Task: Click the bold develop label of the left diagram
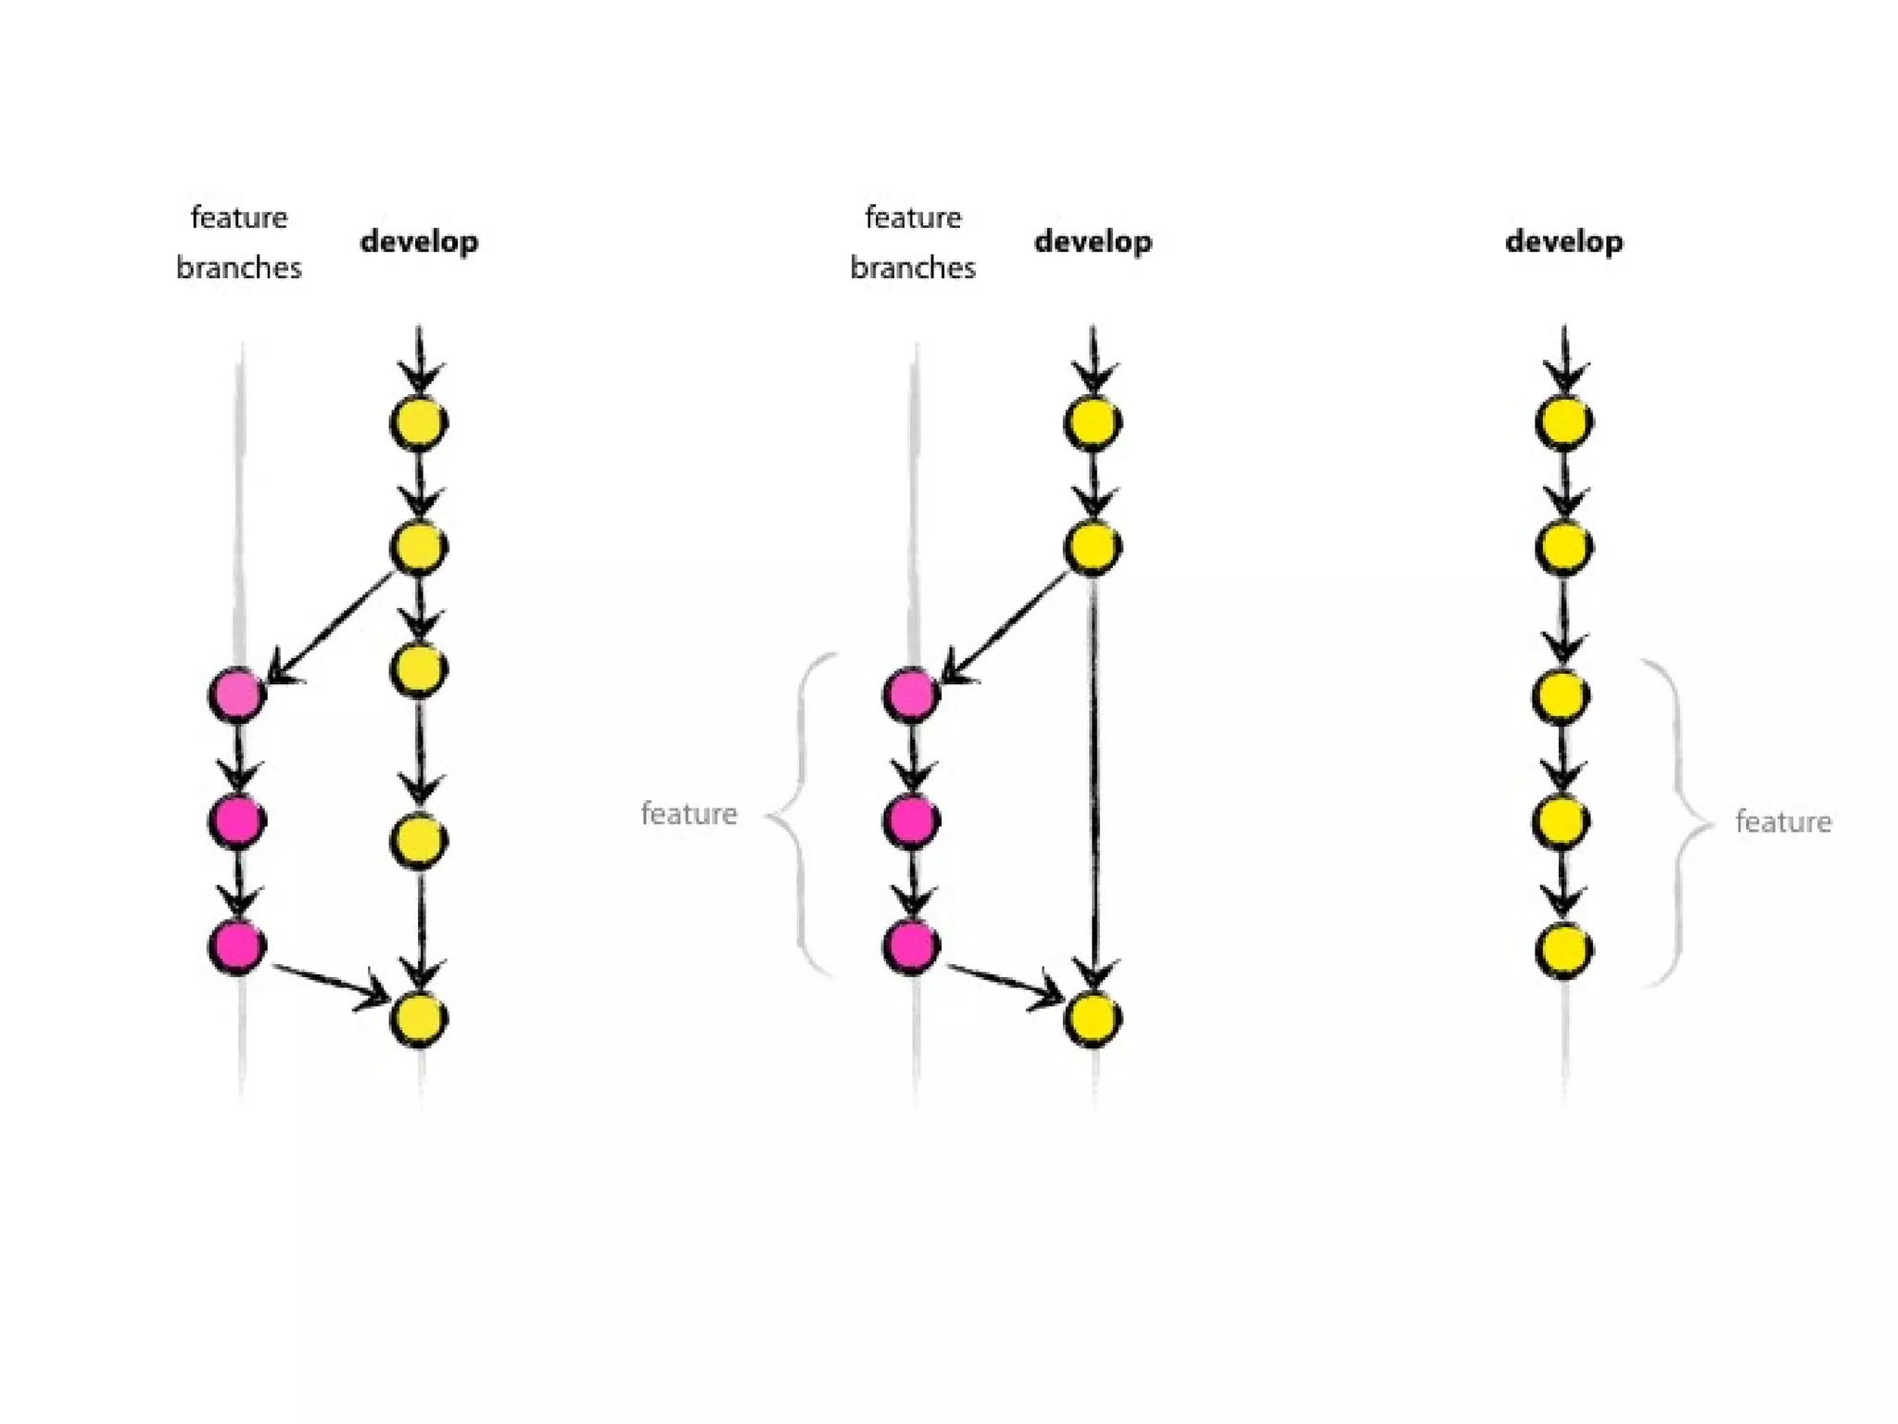[x=419, y=242]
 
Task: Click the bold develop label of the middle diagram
[x=1093, y=242]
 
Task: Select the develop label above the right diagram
[x=1563, y=242]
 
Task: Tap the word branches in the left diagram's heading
[x=238, y=268]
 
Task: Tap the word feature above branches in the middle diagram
[x=913, y=218]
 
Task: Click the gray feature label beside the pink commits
[x=689, y=814]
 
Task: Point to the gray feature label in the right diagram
[x=1783, y=822]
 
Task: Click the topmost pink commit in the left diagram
[x=237, y=694]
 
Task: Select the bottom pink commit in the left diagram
[x=237, y=946]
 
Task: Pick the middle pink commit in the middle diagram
[x=912, y=820]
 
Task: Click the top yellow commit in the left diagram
[x=419, y=423]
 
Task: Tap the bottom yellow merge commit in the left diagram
[x=419, y=1018]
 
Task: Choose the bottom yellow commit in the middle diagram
[x=1094, y=1018]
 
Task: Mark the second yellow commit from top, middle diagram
[x=1094, y=547]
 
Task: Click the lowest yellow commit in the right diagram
[x=1564, y=949]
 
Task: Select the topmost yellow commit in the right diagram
[x=1564, y=423]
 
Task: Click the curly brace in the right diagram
[x=1679, y=821]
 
